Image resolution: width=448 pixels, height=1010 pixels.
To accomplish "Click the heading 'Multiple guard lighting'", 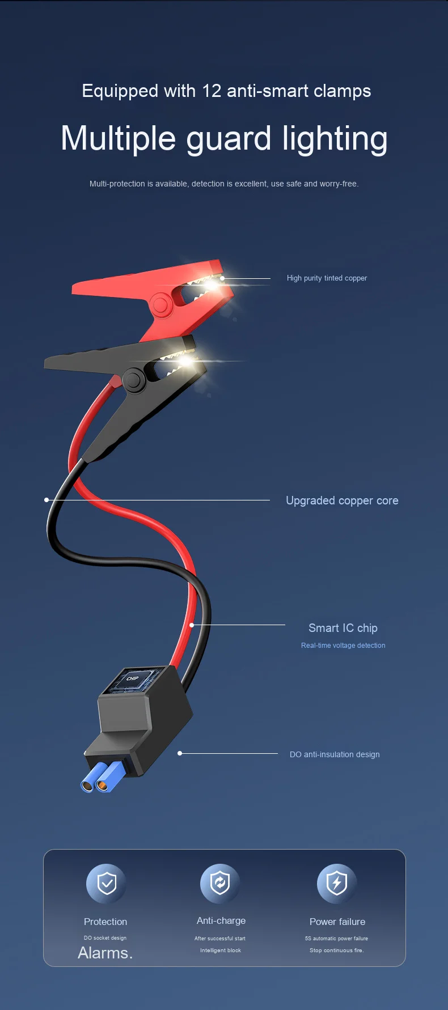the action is (224, 139).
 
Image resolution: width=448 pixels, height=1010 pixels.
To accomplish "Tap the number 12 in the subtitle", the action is (212, 91).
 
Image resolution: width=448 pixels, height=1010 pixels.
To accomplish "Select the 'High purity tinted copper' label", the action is (327, 278).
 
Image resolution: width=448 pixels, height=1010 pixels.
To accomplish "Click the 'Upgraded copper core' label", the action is (342, 500).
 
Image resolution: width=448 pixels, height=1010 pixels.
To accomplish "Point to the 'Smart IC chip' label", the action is (343, 628).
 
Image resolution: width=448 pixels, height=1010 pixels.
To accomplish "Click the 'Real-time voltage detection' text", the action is (343, 646).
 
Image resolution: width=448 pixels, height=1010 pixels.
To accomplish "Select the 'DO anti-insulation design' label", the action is (335, 754).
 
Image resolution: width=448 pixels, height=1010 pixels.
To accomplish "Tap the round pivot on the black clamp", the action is (134, 380).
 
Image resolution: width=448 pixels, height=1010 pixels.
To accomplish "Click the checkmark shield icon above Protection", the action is (106, 883).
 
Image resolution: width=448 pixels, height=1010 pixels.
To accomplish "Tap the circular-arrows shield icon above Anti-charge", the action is (220, 883).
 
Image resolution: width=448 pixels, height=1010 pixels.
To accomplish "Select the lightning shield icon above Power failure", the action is (337, 883).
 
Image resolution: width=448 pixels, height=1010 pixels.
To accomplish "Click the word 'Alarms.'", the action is (105, 953).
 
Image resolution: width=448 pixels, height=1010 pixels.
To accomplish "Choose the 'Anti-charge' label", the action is (221, 920).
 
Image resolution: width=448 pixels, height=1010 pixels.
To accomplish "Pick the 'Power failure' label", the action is (337, 922).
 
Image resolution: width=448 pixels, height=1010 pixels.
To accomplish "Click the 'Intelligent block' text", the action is (221, 950).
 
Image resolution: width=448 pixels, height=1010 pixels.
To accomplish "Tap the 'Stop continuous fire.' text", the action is (337, 950).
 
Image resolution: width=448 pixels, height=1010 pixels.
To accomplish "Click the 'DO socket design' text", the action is (105, 938).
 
